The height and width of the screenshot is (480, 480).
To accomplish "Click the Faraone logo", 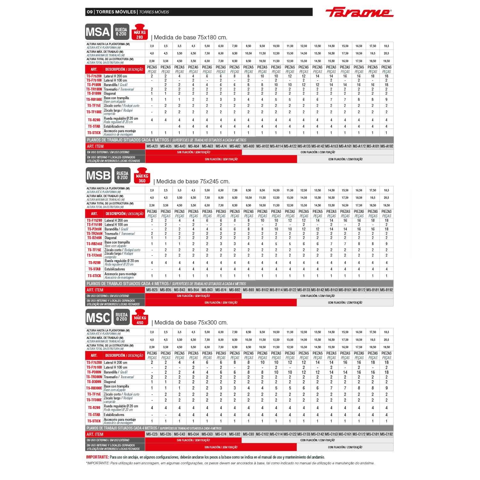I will pyautogui.click(x=359, y=12).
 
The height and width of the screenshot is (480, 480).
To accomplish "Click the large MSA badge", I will pyautogui.click(x=98, y=32).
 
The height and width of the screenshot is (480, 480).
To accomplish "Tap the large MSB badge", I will pyautogui.click(x=99, y=175).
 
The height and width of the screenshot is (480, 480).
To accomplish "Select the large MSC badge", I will pyautogui.click(x=99, y=317).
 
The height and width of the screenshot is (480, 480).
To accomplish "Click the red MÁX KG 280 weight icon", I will pyautogui.click(x=140, y=32).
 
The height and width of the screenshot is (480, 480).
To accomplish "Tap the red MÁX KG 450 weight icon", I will pyautogui.click(x=140, y=317).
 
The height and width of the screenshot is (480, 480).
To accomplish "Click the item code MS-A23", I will pyautogui.click(x=152, y=146).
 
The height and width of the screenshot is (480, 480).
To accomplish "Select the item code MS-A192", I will pyautogui.click(x=387, y=146).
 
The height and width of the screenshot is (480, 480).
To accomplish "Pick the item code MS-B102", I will pyautogui.click(x=262, y=290).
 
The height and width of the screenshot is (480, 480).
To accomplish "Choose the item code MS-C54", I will pyautogui.click(x=193, y=434).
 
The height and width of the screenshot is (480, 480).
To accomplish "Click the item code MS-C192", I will pyautogui.click(x=387, y=434).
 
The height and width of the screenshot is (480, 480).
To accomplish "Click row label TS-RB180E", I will pyautogui.click(x=94, y=100).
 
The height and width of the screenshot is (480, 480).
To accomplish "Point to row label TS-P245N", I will pyautogui.click(x=94, y=229).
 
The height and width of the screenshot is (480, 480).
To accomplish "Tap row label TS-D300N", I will pyautogui.click(x=94, y=382).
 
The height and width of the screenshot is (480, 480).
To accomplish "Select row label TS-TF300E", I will pyautogui.click(x=94, y=400).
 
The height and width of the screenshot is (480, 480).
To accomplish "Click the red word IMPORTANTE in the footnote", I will pyautogui.click(x=97, y=457).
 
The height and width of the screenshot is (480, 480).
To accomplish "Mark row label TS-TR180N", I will pyautogui.click(x=94, y=89).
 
